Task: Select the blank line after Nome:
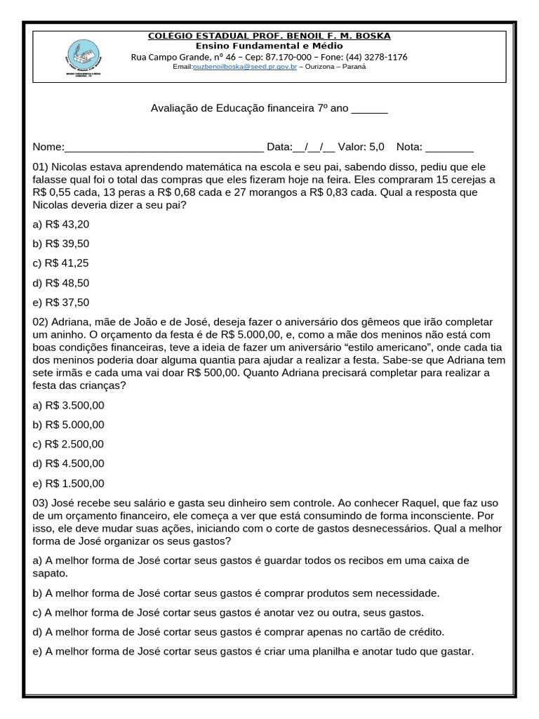pyautogui.click(x=164, y=147)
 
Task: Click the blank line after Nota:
pyautogui.click(x=449, y=147)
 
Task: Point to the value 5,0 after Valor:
pyautogui.click(x=376, y=147)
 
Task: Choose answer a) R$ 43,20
pyautogui.click(x=61, y=224)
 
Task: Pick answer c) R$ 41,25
pyautogui.click(x=61, y=263)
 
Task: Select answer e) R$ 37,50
pyautogui.click(x=61, y=303)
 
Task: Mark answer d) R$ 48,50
pyautogui.click(x=61, y=283)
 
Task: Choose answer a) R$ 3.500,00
pyautogui.click(x=68, y=405)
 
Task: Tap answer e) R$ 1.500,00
pyautogui.click(x=68, y=483)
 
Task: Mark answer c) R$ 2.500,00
pyautogui.click(x=68, y=444)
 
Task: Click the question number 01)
pyautogui.click(x=41, y=168)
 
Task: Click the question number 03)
pyautogui.click(x=41, y=503)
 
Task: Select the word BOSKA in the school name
pyautogui.click(x=373, y=36)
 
